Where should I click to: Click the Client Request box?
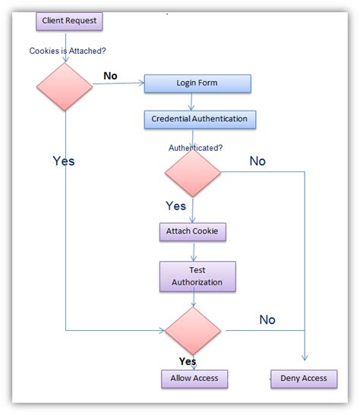pyautogui.click(x=69, y=20)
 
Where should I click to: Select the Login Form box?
pyautogui.click(x=197, y=83)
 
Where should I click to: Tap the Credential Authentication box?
pyautogui.click(x=199, y=119)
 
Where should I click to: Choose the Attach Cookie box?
pyautogui.click(x=193, y=231)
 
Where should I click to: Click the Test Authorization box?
pyautogui.click(x=197, y=276)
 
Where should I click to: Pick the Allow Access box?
pyautogui.click(x=194, y=378)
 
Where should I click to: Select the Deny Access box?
pyautogui.click(x=304, y=378)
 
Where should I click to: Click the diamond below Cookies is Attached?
pyautogui.click(x=64, y=86)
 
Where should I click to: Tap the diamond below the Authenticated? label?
pyautogui.click(x=193, y=172)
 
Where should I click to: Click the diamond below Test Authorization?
pyautogui.click(x=193, y=331)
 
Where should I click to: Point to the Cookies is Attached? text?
pyautogui.click(x=68, y=51)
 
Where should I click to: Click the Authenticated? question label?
pyautogui.click(x=195, y=147)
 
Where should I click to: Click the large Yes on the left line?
pyautogui.click(x=64, y=161)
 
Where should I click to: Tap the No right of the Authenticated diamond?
pyautogui.click(x=257, y=161)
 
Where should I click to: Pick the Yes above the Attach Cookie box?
pyautogui.click(x=175, y=206)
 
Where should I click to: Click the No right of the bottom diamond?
pyautogui.click(x=267, y=320)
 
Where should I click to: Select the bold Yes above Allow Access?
pyautogui.click(x=187, y=361)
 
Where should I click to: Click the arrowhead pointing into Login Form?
pyautogui.click(x=141, y=83)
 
